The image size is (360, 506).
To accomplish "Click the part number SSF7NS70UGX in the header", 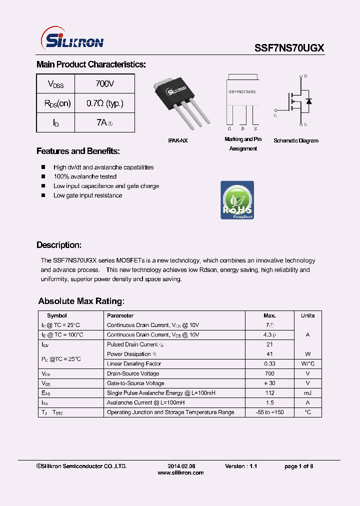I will pyautogui.click(x=289, y=48).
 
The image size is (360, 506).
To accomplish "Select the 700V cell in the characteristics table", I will pyautogui.click(x=104, y=83).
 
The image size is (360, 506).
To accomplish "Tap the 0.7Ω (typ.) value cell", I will pyautogui.click(x=104, y=103).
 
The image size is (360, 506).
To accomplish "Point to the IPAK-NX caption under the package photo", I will pyautogui.click(x=177, y=141).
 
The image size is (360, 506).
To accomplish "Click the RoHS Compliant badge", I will pyautogui.click(x=237, y=200).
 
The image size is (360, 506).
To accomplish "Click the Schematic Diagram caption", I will pyautogui.click(x=295, y=141).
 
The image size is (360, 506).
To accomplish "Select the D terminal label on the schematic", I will pyautogui.click(x=305, y=76).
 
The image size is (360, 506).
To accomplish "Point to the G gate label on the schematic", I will pyautogui.click(x=275, y=115).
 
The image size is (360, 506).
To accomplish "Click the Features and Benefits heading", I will pyautogui.click(x=78, y=151).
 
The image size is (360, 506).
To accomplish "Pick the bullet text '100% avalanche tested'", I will pyautogui.click(x=85, y=176).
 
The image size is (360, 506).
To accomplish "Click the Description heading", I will pyautogui.click(x=58, y=245).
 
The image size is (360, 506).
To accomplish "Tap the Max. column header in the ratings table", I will pyautogui.click(x=269, y=315).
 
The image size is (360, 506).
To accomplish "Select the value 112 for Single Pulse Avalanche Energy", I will pyautogui.click(x=269, y=393).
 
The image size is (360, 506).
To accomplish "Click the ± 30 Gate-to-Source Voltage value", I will pyautogui.click(x=269, y=383).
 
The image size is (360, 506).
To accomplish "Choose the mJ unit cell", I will pyautogui.click(x=307, y=393).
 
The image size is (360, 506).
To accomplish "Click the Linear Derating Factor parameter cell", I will pyautogui.click(x=134, y=364).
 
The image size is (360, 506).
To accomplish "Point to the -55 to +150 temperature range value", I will pyautogui.click(x=269, y=412).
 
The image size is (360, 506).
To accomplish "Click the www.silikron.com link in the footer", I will pyautogui.click(x=180, y=472).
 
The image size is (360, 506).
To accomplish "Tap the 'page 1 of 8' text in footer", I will pyautogui.click(x=298, y=466).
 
